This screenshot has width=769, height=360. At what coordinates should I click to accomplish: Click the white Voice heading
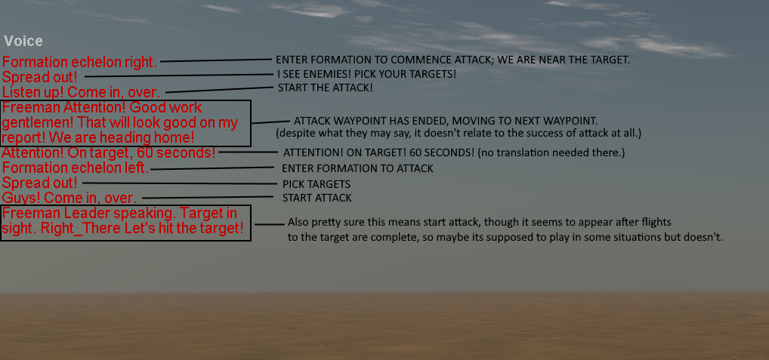pos(23,41)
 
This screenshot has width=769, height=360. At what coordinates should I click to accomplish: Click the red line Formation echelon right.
pos(79,62)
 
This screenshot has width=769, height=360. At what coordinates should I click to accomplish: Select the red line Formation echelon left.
pos(75,168)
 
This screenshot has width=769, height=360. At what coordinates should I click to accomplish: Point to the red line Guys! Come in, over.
pos(69,198)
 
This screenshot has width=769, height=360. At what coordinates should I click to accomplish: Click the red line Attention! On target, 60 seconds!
pos(108,152)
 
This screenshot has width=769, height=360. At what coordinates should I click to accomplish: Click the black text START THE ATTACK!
pos(325,88)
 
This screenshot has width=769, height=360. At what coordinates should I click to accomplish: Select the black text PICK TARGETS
pos(316,183)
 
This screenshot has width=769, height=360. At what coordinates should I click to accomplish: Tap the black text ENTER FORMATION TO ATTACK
pos(357,168)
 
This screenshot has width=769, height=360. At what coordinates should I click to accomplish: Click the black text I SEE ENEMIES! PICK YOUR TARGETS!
pos(367,74)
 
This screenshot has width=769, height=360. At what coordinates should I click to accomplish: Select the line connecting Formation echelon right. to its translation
pos(215,60)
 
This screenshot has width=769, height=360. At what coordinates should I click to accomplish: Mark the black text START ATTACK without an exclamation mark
pos(317,198)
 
